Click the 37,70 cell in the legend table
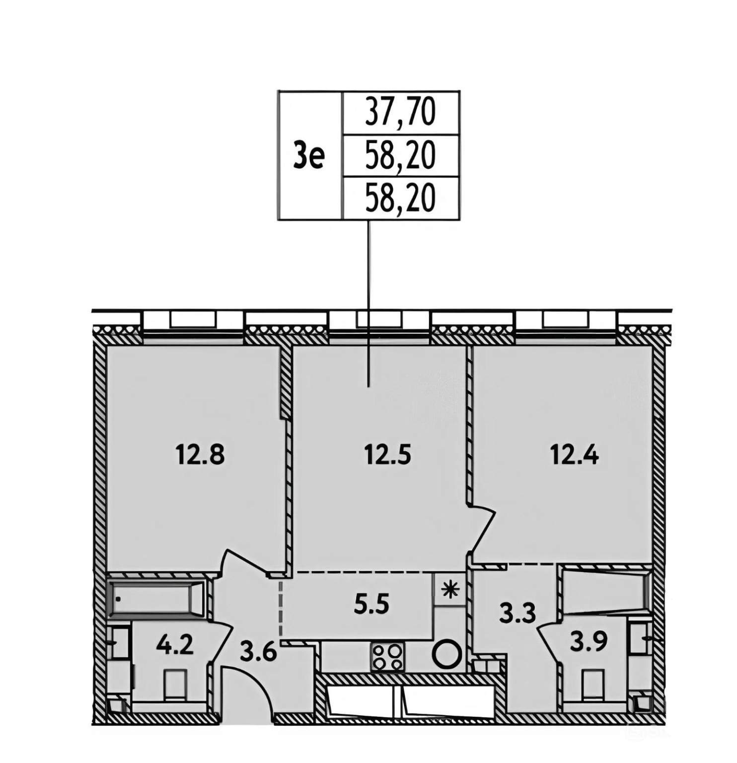(400, 113)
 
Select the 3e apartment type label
(310, 155)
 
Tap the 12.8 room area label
(201, 454)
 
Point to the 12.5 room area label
(387, 454)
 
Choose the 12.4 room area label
(575, 454)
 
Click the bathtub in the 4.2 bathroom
(156, 598)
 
